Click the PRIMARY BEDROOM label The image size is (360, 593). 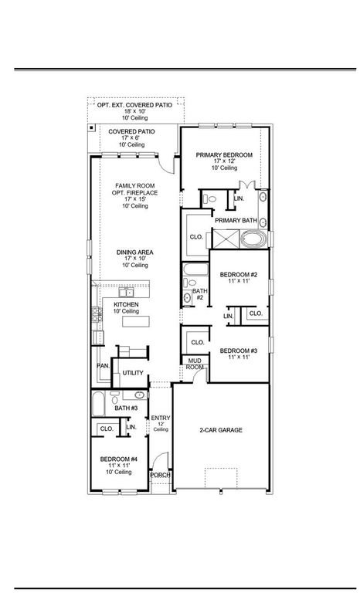tap(224, 155)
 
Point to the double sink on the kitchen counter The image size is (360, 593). tap(124, 293)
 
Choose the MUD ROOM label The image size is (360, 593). tap(195, 364)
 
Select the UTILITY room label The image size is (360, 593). tap(133, 373)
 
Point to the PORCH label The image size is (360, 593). tap(160, 475)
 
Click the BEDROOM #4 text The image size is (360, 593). tap(118, 459)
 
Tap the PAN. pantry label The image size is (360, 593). tap(102, 365)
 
